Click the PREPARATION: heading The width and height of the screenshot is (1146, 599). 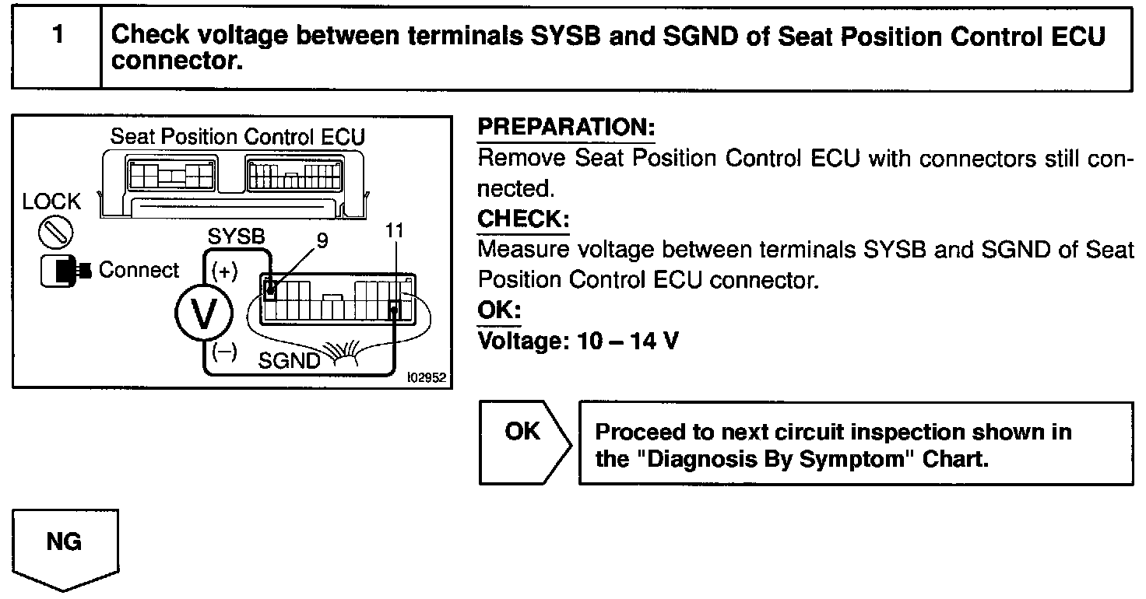coord(566,128)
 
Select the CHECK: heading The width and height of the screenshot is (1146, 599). coord(523,219)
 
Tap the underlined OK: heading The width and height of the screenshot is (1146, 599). coord(498,310)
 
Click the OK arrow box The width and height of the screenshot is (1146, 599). coord(524,443)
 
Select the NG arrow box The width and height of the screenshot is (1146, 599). coord(65,549)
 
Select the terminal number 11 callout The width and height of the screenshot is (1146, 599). coord(395,232)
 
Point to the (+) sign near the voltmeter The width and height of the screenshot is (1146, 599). coord(224,272)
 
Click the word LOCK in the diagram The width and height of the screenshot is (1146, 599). coord(51,202)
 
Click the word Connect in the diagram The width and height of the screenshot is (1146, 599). coord(139,271)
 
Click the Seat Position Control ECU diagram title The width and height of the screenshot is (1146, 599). coord(237,137)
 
